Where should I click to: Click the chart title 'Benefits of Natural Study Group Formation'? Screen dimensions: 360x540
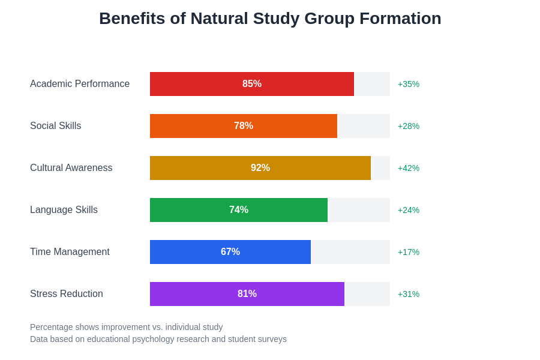point(270,19)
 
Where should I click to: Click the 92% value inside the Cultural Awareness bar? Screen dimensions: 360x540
point(260,168)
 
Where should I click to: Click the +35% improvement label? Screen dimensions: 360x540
point(409,84)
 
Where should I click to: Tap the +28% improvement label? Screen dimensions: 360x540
point(409,126)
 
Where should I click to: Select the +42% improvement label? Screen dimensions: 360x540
point(409,168)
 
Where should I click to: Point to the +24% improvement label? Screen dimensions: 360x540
point(409,210)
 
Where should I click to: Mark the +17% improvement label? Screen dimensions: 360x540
point(409,252)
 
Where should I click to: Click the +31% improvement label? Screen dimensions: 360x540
point(409,294)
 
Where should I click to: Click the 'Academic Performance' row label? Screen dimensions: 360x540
point(80,84)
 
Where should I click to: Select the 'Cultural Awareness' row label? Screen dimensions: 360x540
point(71,168)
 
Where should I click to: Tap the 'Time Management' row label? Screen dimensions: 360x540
point(70,252)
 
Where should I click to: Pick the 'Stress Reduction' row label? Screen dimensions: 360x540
point(67,294)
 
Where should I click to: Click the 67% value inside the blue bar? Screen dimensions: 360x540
point(230,252)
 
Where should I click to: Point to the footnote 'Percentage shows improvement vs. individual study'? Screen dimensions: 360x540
point(126,327)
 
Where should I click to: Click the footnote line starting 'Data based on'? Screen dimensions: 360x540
point(158,339)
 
